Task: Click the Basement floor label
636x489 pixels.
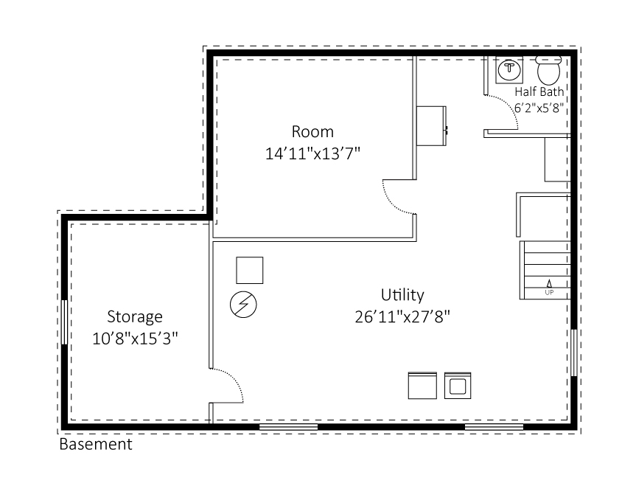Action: coord(96,445)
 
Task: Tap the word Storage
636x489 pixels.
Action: coord(134,317)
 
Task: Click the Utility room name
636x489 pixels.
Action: coord(402,295)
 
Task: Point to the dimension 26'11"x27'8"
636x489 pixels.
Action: coord(402,316)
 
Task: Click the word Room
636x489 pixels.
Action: coord(312,132)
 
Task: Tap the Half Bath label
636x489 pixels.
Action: coord(539,92)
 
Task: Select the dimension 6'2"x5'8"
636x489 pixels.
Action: coord(539,106)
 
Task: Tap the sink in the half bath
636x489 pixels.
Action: coord(509,71)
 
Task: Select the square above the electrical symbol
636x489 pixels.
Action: coord(249,270)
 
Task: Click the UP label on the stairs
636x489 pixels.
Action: coord(549,292)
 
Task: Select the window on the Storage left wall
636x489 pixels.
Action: coord(65,321)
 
